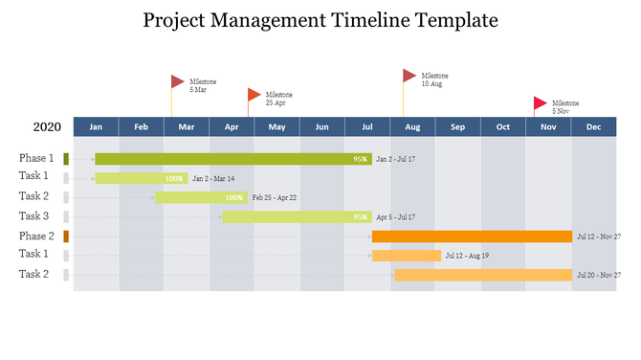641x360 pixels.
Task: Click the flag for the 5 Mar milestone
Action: click(x=178, y=81)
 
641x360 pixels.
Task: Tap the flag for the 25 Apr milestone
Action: click(x=254, y=94)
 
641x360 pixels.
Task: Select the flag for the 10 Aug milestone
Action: click(x=409, y=75)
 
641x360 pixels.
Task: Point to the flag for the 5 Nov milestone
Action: click(x=541, y=102)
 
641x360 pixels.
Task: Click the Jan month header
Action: click(x=96, y=127)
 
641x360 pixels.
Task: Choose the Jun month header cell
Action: click(x=322, y=127)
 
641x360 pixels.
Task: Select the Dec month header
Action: click(x=593, y=127)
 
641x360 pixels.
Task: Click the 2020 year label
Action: click(x=47, y=127)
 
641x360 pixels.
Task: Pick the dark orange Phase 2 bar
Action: click(x=472, y=236)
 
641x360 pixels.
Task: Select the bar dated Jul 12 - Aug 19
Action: click(x=407, y=256)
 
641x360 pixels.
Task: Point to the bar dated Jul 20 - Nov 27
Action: click(x=483, y=275)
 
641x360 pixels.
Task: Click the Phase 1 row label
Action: click(x=36, y=158)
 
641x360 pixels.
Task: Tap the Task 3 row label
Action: click(x=33, y=216)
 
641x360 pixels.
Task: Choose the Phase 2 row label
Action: click(x=36, y=236)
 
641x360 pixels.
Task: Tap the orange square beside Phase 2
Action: click(x=66, y=236)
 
